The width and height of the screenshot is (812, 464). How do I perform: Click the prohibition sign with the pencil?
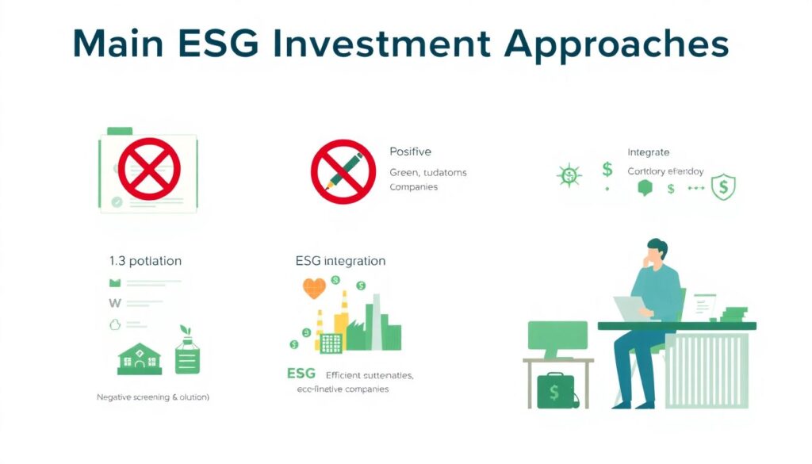click(343, 171)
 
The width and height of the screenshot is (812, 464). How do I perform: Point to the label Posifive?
click(410, 151)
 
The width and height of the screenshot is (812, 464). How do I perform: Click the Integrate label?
click(648, 151)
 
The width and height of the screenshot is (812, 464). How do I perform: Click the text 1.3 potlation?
click(145, 260)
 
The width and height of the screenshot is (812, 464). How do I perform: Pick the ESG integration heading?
click(340, 260)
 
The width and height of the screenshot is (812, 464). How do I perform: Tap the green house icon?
click(139, 359)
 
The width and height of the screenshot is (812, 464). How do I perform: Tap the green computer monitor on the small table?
click(557, 336)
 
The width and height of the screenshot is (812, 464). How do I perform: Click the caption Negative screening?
click(152, 396)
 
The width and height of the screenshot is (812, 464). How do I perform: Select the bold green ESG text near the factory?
click(301, 373)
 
